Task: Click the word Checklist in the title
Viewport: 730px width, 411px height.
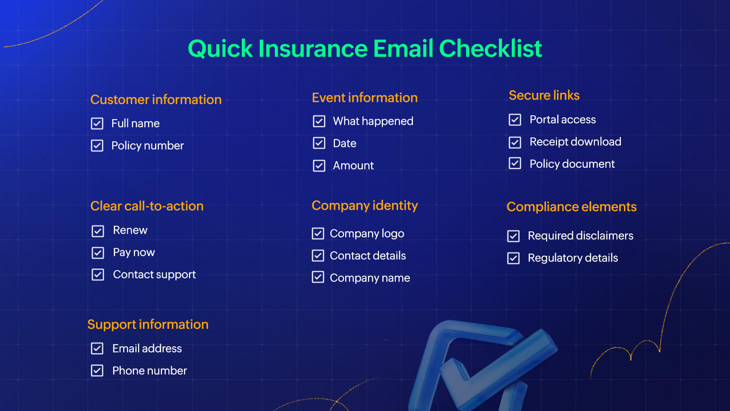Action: tap(490, 49)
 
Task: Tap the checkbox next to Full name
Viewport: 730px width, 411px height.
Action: tap(97, 123)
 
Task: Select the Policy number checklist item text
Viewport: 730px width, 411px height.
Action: tap(147, 146)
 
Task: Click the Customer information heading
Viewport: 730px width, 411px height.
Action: tap(156, 100)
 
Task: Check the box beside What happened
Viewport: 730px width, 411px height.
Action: tap(319, 121)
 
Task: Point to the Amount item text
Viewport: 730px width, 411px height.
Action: tap(353, 166)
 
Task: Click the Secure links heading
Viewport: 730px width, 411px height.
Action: tap(544, 95)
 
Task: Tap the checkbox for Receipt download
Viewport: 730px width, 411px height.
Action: tap(515, 142)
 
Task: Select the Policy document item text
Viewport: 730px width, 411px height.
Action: tap(572, 164)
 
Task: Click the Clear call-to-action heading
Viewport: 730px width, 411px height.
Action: tap(147, 206)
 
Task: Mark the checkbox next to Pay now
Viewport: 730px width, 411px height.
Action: tap(98, 253)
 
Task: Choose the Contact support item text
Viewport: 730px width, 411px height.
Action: tap(154, 274)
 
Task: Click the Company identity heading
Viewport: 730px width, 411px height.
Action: tap(364, 205)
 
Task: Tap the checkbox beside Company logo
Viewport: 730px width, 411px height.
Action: tap(318, 233)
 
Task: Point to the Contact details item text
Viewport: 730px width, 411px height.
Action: tap(368, 256)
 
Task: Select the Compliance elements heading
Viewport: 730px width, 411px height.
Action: tap(571, 207)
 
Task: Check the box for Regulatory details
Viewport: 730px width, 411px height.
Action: tap(513, 258)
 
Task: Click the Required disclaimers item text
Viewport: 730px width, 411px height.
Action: tap(580, 236)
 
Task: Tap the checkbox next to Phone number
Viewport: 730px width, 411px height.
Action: tap(97, 371)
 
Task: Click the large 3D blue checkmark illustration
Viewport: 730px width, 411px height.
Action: tap(483, 365)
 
